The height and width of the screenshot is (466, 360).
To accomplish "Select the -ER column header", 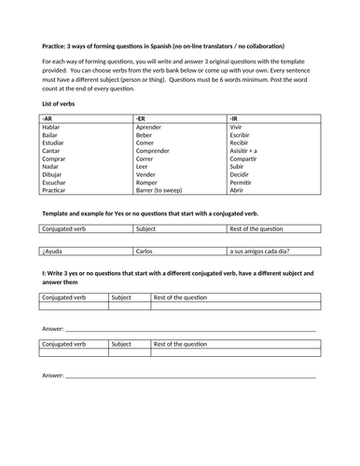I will point(140,118).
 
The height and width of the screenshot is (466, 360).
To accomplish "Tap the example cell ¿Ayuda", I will point(54,251).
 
